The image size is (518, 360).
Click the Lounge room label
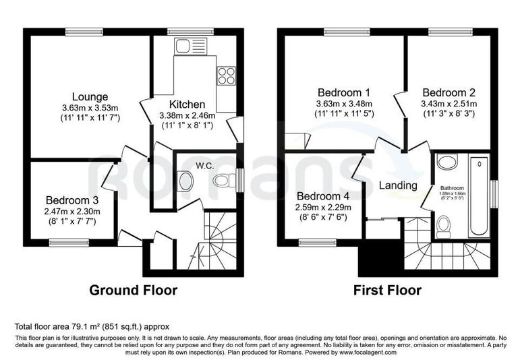pyautogui.click(x=90, y=97)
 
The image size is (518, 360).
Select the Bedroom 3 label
pyautogui.click(x=72, y=200)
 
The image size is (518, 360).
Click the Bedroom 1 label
pyautogui.click(x=345, y=92)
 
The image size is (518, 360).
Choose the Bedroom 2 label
pyautogui.click(x=449, y=92)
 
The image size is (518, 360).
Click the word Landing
pyautogui.click(x=397, y=185)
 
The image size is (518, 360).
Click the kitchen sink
pyautogui.click(x=183, y=46)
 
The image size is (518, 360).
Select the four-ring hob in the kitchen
pyautogui.click(x=225, y=74)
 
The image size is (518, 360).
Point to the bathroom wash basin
pyautogui.click(x=445, y=162)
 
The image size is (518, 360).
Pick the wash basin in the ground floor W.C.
pyautogui.click(x=185, y=181)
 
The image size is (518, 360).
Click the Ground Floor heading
pyautogui.click(x=134, y=291)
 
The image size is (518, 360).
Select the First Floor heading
pyautogui.click(x=387, y=291)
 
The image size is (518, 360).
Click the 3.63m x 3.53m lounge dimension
pyautogui.click(x=90, y=109)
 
